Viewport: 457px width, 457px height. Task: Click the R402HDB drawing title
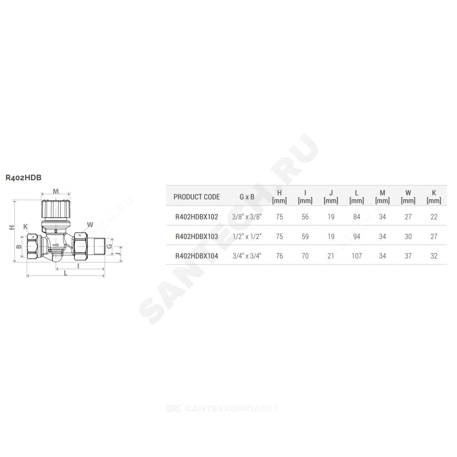click(x=24, y=177)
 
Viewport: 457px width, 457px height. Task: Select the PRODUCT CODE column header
click(x=197, y=197)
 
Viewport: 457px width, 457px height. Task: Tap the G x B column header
click(x=247, y=197)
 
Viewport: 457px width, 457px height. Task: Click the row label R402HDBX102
click(x=197, y=217)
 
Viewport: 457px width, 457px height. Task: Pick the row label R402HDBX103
click(x=197, y=236)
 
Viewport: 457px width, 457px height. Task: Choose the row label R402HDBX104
click(x=197, y=256)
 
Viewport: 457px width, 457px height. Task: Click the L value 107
click(x=356, y=256)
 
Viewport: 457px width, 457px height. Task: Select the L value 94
click(x=356, y=236)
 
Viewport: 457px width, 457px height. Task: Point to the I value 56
click(x=305, y=217)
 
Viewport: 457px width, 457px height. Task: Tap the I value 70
click(x=305, y=256)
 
